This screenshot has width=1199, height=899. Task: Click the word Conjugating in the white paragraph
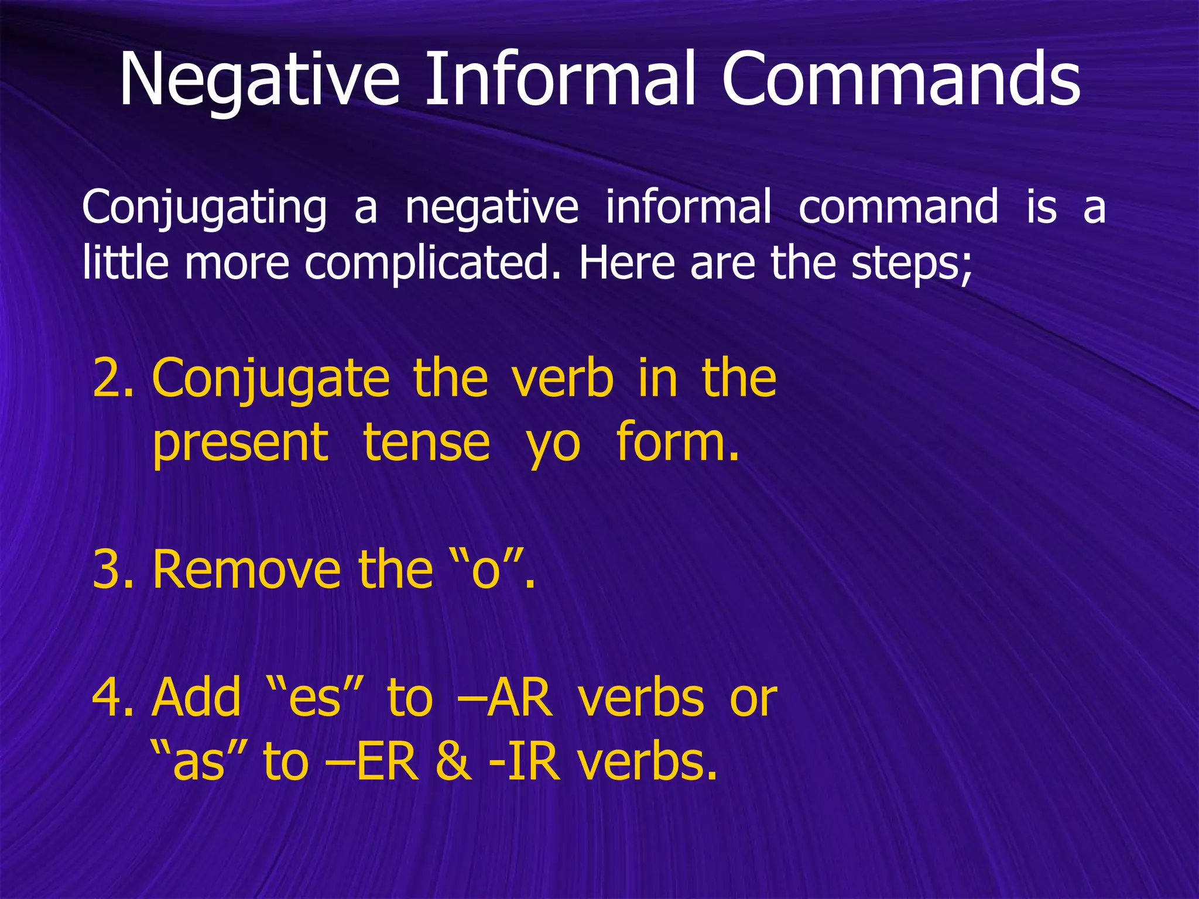point(204,208)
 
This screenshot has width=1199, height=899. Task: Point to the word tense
point(426,442)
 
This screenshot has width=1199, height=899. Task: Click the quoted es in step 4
point(317,697)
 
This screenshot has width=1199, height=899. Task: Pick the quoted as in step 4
point(198,761)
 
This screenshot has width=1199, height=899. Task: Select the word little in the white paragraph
point(125,263)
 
